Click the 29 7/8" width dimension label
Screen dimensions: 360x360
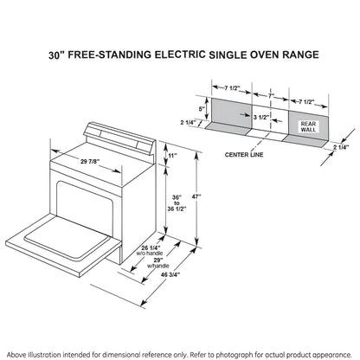pyautogui.click(x=90, y=161)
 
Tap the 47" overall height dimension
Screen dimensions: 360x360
pyautogui.click(x=196, y=196)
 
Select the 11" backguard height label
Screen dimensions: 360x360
pyautogui.click(x=173, y=156)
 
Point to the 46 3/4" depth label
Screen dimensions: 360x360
pyautogui.click(x=170, y=274)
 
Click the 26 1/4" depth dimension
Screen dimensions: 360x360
pyautogui.click(x=151, y=247)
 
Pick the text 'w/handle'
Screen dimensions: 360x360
pyautogui.click(x=158, y=266)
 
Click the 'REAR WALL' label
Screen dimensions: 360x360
pyautogui.click(x=308, y=126)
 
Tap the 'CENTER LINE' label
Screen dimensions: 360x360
pyautogui.click(x=244, y=155)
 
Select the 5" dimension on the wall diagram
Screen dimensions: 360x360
pyautogui.click(x=202, y=109)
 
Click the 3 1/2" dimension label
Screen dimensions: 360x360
pyautogui.click(x=261, y=117)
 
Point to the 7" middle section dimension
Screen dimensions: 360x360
pyautogui.click(x=271, y=96)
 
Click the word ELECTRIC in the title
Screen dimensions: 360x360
pyautogui.click(x=180, y=55)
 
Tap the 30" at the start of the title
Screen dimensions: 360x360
pyautogui.click(x=55, y=55)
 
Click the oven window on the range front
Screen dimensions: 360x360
pyautogui.click(x=84, y=203)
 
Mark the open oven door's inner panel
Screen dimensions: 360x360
pyautogui.click(x=67, y=237)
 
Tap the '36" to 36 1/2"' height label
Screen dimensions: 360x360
pyautogui.click(x=177, y=203)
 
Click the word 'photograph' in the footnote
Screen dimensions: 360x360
pyautogui.click(x=235, y=355)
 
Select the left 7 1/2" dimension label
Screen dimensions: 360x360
pyautogui.click(x=232, y=88)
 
